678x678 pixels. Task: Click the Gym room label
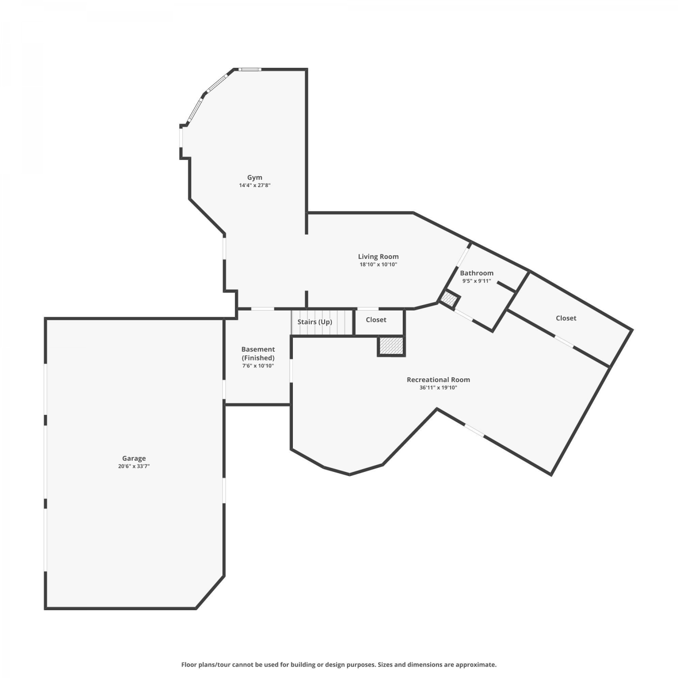tap(254, 178)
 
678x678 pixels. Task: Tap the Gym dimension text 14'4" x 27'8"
tap(254, 185)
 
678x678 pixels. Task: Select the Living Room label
tap(378, 257)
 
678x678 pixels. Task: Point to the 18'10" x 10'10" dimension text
tap(378, 264)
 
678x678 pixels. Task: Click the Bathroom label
tap(476, 273)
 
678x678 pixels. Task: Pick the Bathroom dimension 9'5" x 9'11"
tap(476, 281)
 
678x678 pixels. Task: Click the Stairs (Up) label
tap(315, 322)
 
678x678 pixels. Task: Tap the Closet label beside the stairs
tap(376, 320)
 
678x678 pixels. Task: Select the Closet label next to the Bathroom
tap(566, 318)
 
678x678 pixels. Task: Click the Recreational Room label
tap(438, 380)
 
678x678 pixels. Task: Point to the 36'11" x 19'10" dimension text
tap(438, 387)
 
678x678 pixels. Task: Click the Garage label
tap(134, 458)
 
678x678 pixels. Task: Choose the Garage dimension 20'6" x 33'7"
tap(134, 466)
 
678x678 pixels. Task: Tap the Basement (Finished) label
tap(258, 353)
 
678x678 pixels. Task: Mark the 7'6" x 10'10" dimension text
tap(258, 366)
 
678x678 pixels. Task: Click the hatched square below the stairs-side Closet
tap(391, 346)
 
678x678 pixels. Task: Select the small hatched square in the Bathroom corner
tap(449, 299)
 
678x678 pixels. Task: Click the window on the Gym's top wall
tap(250, 69)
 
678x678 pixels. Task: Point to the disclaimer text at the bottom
tap(339, 664)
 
